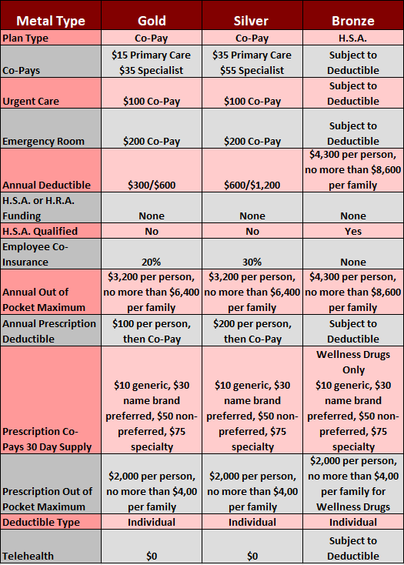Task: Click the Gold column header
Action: click(x=152, y=21)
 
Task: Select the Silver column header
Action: click(x=251, y=21)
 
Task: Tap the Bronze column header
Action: click(x=353, y=21)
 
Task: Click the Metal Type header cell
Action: click(x=51, y=21)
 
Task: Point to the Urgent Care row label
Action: click(x=31, y=102)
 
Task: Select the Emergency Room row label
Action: click(x=43, y=142)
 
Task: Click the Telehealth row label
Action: click(x=28, y=556)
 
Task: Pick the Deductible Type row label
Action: click(x=41, y=522)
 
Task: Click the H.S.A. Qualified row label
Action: click(x=40, y=231)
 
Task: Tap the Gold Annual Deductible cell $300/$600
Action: click(x=152, y=186)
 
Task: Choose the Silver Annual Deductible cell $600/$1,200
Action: click(x=252, y=186)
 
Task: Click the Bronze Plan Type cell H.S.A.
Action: click(x=353, y=38)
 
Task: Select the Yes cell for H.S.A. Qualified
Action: click(x=353, y=232)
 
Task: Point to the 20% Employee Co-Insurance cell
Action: click(x=152, y=262)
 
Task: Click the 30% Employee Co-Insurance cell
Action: click(x=252, y=262)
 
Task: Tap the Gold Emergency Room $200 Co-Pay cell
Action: click(x=152, y=142)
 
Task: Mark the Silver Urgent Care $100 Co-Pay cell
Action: click(x=252, y=102)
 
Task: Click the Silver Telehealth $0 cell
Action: click(x=252, y=556)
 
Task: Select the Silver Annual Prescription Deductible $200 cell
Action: click(x=252, y=332)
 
